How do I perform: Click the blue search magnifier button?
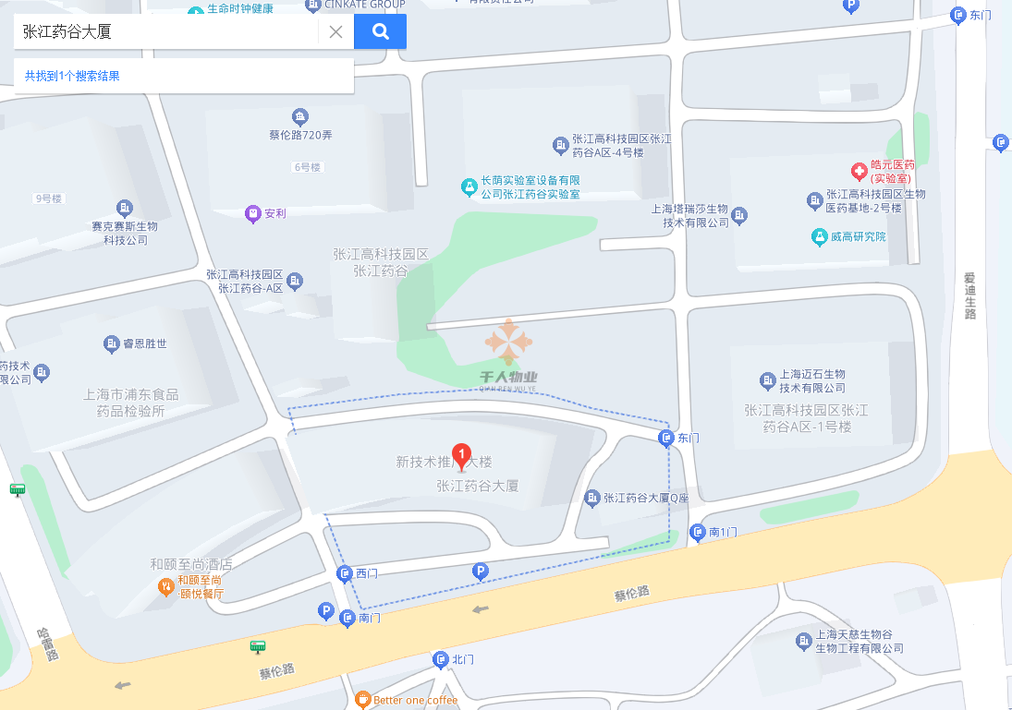point(380,31)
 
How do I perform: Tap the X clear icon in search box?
point(335,31)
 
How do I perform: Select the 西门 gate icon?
point(345,574)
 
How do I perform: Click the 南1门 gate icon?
point(697,532)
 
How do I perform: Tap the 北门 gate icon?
point(440,659)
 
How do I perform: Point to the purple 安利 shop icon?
point(252,213)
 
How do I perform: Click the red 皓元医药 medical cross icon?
point(859,171)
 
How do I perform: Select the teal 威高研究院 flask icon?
point(818,236)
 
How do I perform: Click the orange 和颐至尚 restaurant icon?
point(165,585)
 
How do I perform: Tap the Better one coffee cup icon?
point(362,700)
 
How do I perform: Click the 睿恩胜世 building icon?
point(112,344)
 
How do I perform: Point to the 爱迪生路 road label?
point(969,296)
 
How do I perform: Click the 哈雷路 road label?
point(46,644)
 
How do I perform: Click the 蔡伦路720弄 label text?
point(300,135)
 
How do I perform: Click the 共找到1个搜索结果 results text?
point(72,76)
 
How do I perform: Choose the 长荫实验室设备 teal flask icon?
point(469,187)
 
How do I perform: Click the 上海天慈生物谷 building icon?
point(803,641)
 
